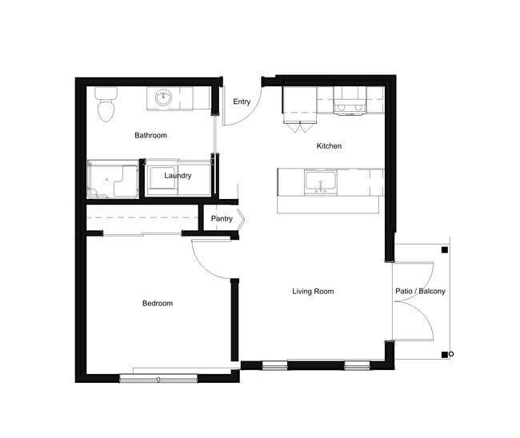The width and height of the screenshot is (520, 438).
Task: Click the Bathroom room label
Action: [x=150, y=136]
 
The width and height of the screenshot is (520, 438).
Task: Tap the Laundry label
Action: [x=178, y=176]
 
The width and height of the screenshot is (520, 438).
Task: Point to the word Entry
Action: [x=241, y=102]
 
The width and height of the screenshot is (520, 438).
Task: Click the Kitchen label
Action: [x=329, y=146]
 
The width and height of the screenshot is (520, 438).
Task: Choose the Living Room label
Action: [x=313, y=292]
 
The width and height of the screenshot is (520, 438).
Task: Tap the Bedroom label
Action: [x=158, y=304]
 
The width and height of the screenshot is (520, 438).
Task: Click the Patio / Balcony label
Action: [x=421, y=292]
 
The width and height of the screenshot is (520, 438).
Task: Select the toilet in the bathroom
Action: [x=104, y=106]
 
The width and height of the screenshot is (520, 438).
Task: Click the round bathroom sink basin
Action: [x=164, y=99]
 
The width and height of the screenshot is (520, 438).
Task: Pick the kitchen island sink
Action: [x=320, y=181]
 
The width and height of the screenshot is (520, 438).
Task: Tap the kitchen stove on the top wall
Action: [x=350, y=102]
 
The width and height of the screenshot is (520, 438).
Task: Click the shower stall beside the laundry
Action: [x=111, y=180]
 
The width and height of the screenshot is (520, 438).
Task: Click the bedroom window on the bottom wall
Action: [x=158, y=377]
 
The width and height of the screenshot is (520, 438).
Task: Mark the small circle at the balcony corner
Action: [x=451, y=354]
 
